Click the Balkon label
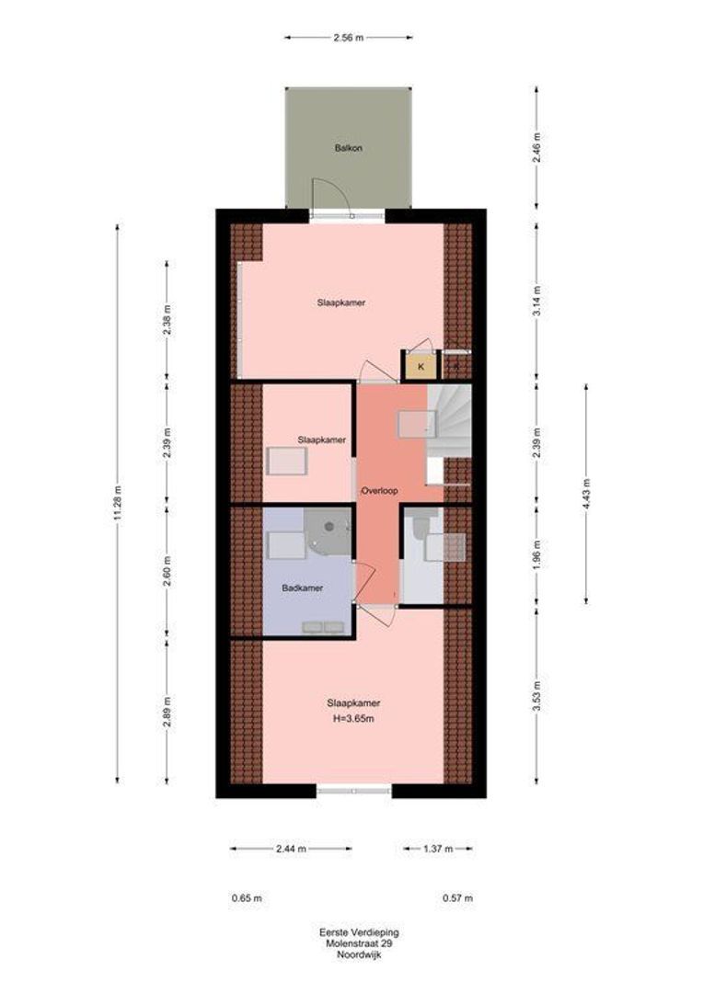point(349,147)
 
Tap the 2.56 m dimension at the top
point(348,38)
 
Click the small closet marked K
point(421,367)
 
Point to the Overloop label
point(379,492)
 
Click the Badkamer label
point(303,588)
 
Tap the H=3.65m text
point(353,718)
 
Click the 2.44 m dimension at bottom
point(290,849)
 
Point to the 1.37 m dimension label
point(439,849)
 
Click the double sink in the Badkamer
point(323,627)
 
